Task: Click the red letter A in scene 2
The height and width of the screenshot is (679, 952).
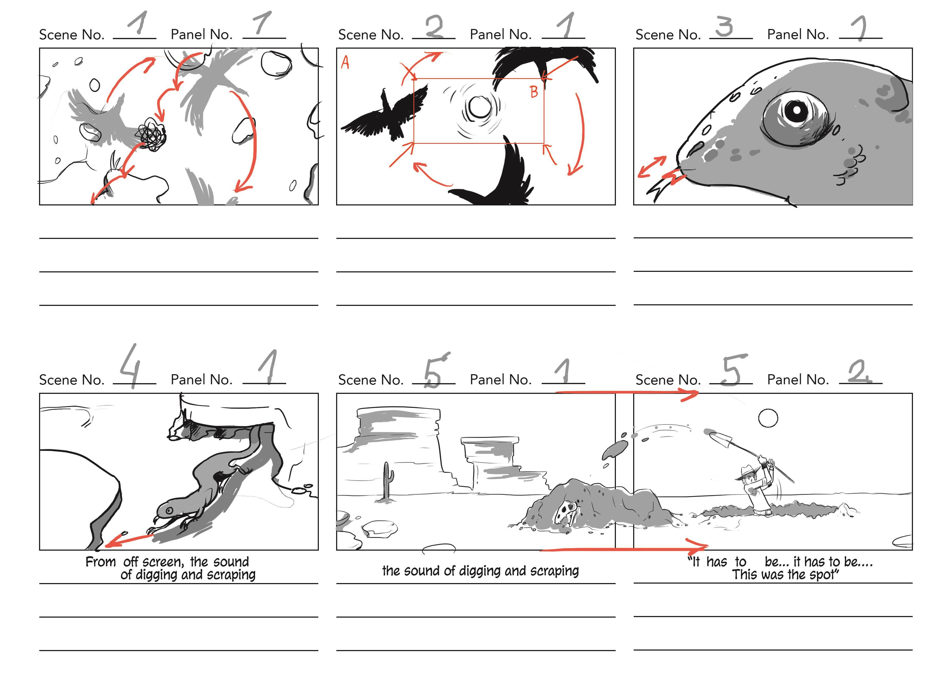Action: click(x=345, y=63)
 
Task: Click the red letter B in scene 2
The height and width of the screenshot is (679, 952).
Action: click(x=534, y=92)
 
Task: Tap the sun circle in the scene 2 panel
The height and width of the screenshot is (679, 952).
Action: click(x=480, y=107)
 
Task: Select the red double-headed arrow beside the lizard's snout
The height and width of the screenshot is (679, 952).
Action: click(x=652, y=167)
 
